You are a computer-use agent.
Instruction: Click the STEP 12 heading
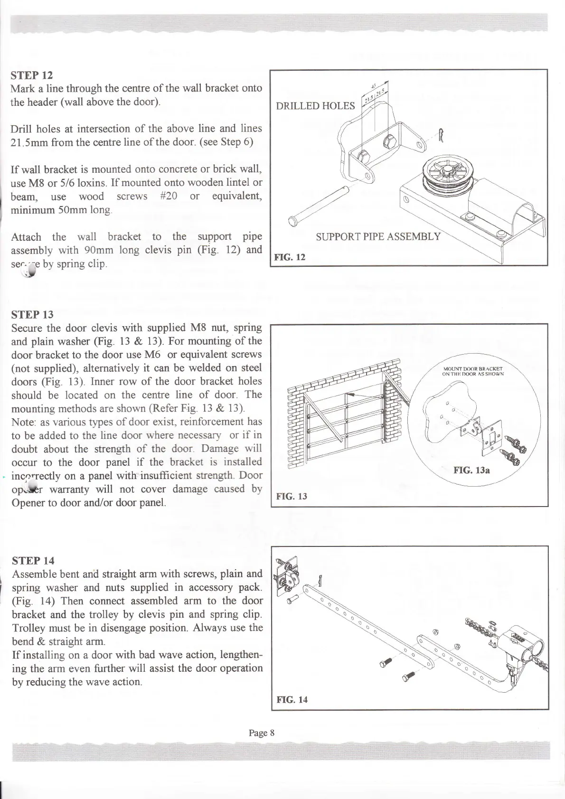coord(32,75)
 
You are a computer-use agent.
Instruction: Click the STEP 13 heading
coord(32,314)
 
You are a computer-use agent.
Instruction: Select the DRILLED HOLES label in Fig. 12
coord(315,106)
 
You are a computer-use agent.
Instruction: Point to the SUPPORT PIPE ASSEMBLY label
coord(378,236)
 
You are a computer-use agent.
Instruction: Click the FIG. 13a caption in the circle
coord(471,470)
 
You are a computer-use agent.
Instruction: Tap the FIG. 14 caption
coord(292,699)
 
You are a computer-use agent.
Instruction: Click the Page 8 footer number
coord(262,733)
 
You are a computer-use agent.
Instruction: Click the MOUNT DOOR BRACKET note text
coord(473,370)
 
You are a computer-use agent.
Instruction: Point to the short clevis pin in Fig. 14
coord(291,599)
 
